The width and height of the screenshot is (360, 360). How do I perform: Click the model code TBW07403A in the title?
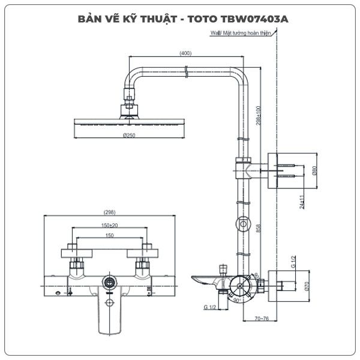point(254,19)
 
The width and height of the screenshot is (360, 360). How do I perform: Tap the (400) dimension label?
point(185,53)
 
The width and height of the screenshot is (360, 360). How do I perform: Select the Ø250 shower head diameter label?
point(129,135)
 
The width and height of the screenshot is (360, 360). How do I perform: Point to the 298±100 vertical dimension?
point(259,115)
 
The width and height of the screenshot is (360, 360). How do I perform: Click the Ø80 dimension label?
point(314,170)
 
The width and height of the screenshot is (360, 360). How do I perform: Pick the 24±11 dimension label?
point(302,202)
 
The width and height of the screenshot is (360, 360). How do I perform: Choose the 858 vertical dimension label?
point(259,229)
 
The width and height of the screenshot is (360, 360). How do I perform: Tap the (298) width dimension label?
point(110,212)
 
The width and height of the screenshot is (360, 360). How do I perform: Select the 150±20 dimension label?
point(110,226)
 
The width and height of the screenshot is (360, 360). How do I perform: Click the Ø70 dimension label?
point(307,286)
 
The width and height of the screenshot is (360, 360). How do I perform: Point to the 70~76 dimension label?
point(262,319)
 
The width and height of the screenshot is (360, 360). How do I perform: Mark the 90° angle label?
point(237,301)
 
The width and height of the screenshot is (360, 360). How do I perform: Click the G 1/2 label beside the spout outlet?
point(210,307)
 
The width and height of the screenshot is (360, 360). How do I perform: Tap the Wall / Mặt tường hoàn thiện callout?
point(241,33)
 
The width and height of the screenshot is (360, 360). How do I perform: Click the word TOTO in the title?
point(203,19)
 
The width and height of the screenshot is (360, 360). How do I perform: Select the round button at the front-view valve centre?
point(110,282)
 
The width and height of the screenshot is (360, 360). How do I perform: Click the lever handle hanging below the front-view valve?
point(110,312)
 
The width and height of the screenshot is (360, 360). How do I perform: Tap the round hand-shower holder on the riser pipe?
point(243,223)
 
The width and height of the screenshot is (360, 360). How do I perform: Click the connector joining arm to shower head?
point(129,103)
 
